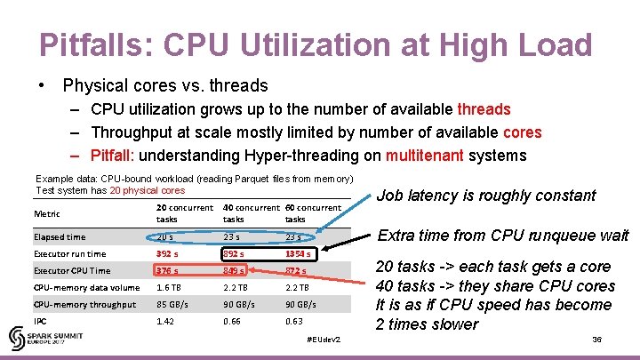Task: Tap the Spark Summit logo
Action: coord(36,339)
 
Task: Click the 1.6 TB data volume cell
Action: coord(169,287)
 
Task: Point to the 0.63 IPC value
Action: coord(295,321)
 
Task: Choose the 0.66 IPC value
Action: coord(233,321)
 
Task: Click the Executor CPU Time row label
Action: coord(72,270)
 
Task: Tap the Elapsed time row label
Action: coord(60,237)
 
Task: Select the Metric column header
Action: coord(48,213)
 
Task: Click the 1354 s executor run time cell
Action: coord(298,253)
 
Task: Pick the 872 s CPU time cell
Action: coord(297,270)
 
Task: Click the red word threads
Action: coord(484,109)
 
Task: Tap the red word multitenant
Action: coord(422,156)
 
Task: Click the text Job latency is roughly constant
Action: coord(487,196)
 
